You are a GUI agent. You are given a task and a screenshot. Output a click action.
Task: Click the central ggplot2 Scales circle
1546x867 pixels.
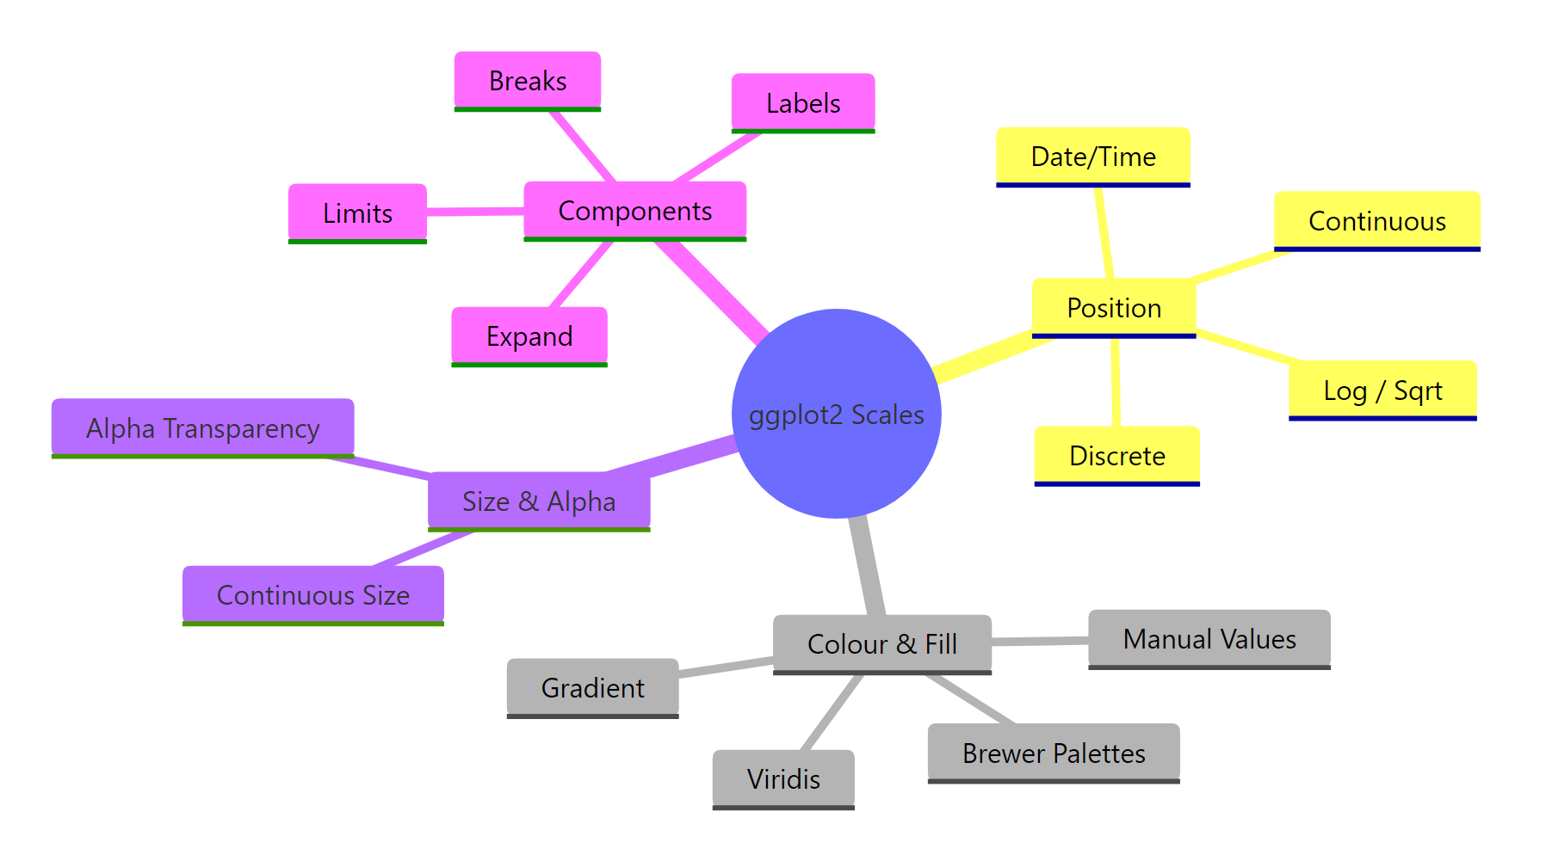click(x=836, y=414)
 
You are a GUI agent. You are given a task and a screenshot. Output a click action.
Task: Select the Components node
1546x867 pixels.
click(x=634, y=211)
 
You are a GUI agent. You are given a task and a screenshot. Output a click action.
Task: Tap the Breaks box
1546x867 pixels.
click(x=527, y=81)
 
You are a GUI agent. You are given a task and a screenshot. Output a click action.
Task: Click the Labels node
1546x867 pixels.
click(x=802, y=103)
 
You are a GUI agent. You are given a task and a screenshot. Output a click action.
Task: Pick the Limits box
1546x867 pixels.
click(x=357, y=213)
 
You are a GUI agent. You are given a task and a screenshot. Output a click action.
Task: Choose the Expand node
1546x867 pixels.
click(x=529, y=336)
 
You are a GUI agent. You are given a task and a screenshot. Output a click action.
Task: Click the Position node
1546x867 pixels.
click(x=1113, y=308)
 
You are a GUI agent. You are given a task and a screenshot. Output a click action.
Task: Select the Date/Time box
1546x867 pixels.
click(x=1092, y=157)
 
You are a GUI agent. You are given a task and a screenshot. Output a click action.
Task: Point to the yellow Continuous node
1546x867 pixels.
click(x=1376, y=221)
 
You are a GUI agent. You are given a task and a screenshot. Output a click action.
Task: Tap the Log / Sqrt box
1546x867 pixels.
click(x=1382, y=390)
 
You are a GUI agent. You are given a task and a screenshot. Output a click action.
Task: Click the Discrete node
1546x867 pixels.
click(x=1116, y=456)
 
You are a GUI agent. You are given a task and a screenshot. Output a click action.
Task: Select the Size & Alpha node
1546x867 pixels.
click(x=539, y=501)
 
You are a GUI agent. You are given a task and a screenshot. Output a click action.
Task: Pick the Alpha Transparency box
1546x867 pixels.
click(x=202, y=427)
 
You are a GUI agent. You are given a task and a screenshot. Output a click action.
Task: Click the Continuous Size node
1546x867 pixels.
click(x=312, y=594)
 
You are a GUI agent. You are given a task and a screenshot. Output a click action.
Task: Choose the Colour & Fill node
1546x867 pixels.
click(x=881, y=643)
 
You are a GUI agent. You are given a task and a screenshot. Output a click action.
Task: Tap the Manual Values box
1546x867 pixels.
click(x=1209, y=639)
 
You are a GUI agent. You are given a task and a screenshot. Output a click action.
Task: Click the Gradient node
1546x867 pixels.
click(x=592, y=687)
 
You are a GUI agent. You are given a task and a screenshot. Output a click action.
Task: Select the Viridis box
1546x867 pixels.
click(x=782, y=778)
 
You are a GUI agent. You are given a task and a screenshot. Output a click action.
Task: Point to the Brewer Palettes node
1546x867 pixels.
click(x=1053, y=753)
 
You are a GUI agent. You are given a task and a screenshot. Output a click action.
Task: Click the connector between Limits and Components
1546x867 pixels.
click(x=475, y=211)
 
